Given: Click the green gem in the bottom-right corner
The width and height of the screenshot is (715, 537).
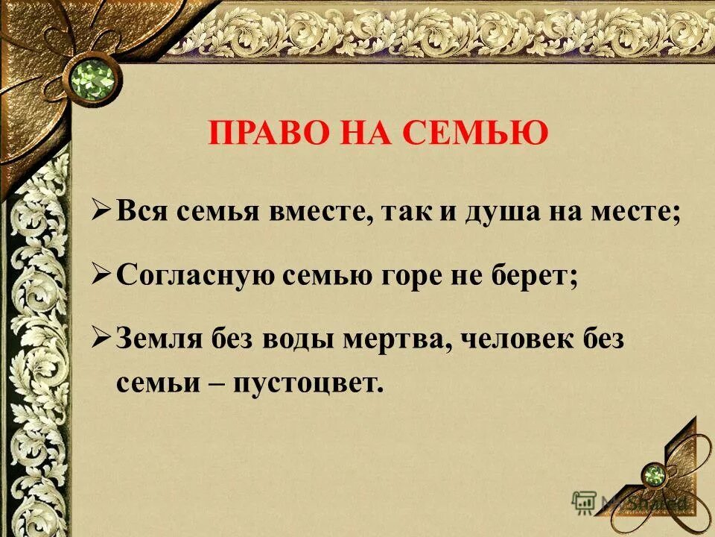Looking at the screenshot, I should point(654,475).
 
